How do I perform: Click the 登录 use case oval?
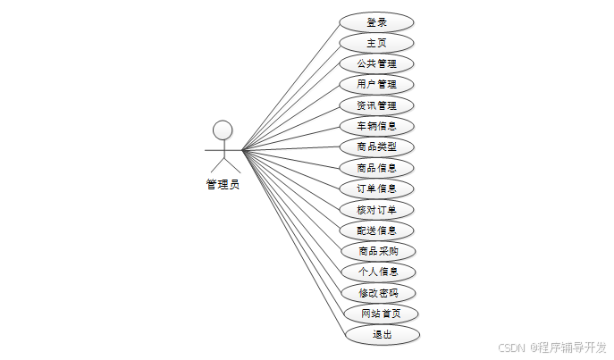click(x=376, y=22)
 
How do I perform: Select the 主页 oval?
click(x=376, y=43)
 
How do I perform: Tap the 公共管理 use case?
click(x=376, y=63)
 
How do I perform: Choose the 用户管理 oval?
click(x=376, y=85)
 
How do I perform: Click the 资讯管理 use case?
click(x=376, y=105)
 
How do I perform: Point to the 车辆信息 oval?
click(x=376, y=126)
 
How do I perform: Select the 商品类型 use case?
click(x=376, y=147)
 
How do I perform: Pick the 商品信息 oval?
click(x=376, y=167)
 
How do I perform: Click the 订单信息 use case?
click(x=376, y=188)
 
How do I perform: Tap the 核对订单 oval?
click(x=376, y=209)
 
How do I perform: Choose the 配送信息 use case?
click(x=376, y=230)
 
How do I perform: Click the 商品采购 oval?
click(x=376, y=250)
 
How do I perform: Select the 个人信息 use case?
click(x=376, y=272)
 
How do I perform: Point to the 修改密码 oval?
click(x=379, y=293)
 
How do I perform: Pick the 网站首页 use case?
click(x=381, y=314)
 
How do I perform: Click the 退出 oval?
click(x=383, y=334)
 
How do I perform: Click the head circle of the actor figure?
click(x=223, y=130)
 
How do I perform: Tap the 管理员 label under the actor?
click(x=223, y=185)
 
